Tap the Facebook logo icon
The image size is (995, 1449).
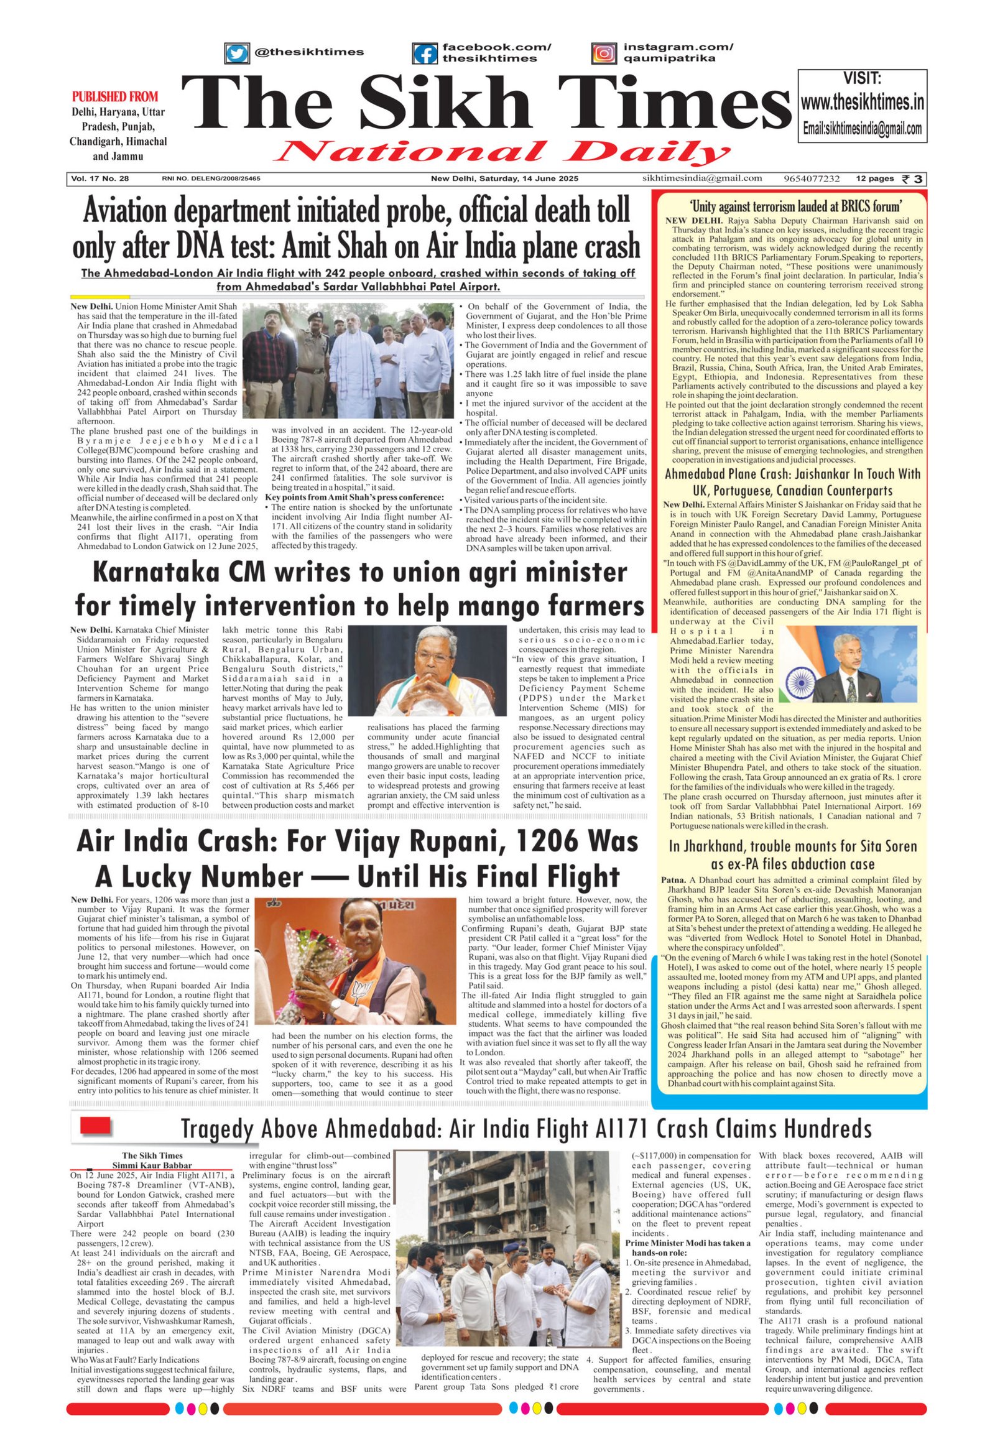[425, 53]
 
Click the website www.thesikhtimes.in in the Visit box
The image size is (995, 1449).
[862, 102]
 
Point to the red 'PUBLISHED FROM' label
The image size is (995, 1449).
[115, 97]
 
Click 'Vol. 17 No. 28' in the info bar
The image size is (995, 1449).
[100, 179]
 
